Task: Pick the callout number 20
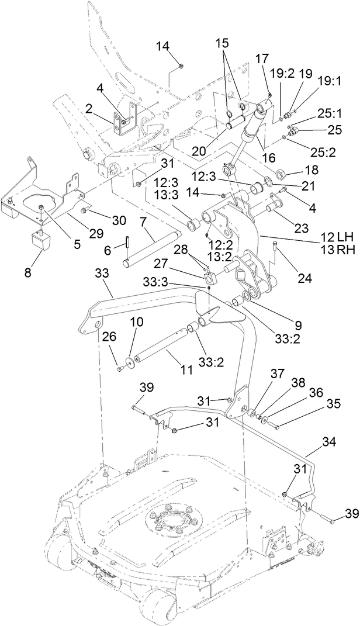[199, 151]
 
